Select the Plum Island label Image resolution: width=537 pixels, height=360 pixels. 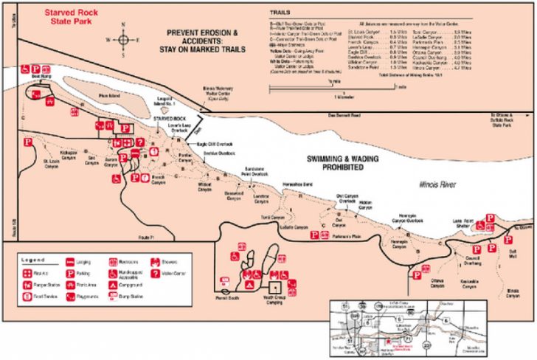(108, 94)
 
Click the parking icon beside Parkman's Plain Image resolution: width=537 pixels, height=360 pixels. (315, 235)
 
